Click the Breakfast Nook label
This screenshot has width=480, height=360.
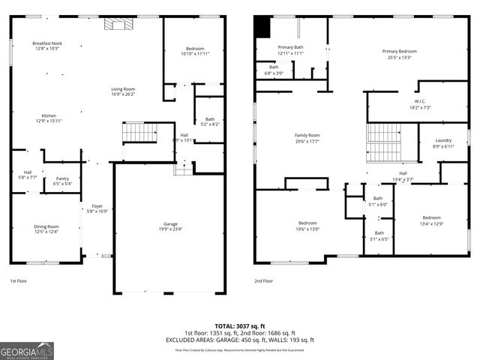(47, 43)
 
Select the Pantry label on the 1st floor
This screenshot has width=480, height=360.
(62, 178)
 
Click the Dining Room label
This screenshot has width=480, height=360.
(46, 226)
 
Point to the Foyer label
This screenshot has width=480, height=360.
(97, 205)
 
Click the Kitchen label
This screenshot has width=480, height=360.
(49, 115)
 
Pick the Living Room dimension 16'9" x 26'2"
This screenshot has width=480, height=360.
(123, 94)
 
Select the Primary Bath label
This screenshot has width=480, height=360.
(290, 48)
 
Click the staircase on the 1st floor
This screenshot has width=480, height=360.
(139, 132)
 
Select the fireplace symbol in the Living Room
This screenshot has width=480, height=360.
(115, 24)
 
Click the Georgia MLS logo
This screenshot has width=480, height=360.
(27, 349)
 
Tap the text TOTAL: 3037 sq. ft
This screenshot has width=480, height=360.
(239, 325)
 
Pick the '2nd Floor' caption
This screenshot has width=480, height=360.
(263, 280)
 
